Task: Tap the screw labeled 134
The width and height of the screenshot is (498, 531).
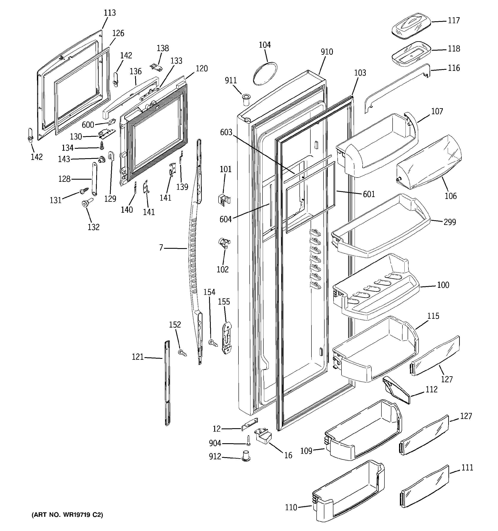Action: (x=102, y=146)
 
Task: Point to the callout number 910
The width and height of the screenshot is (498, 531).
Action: (x=327, y=52)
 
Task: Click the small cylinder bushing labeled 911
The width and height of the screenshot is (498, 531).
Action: (x=245, y=100)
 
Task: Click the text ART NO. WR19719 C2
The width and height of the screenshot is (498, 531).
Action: (x=67, y=515)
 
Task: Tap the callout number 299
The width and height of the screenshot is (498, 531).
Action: (x=450, y=222)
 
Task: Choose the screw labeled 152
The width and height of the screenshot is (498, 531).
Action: (x=182, y=353)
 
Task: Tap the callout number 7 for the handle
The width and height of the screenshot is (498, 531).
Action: (x=161, y=248)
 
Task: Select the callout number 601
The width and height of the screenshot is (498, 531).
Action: (x=369, y=194)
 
